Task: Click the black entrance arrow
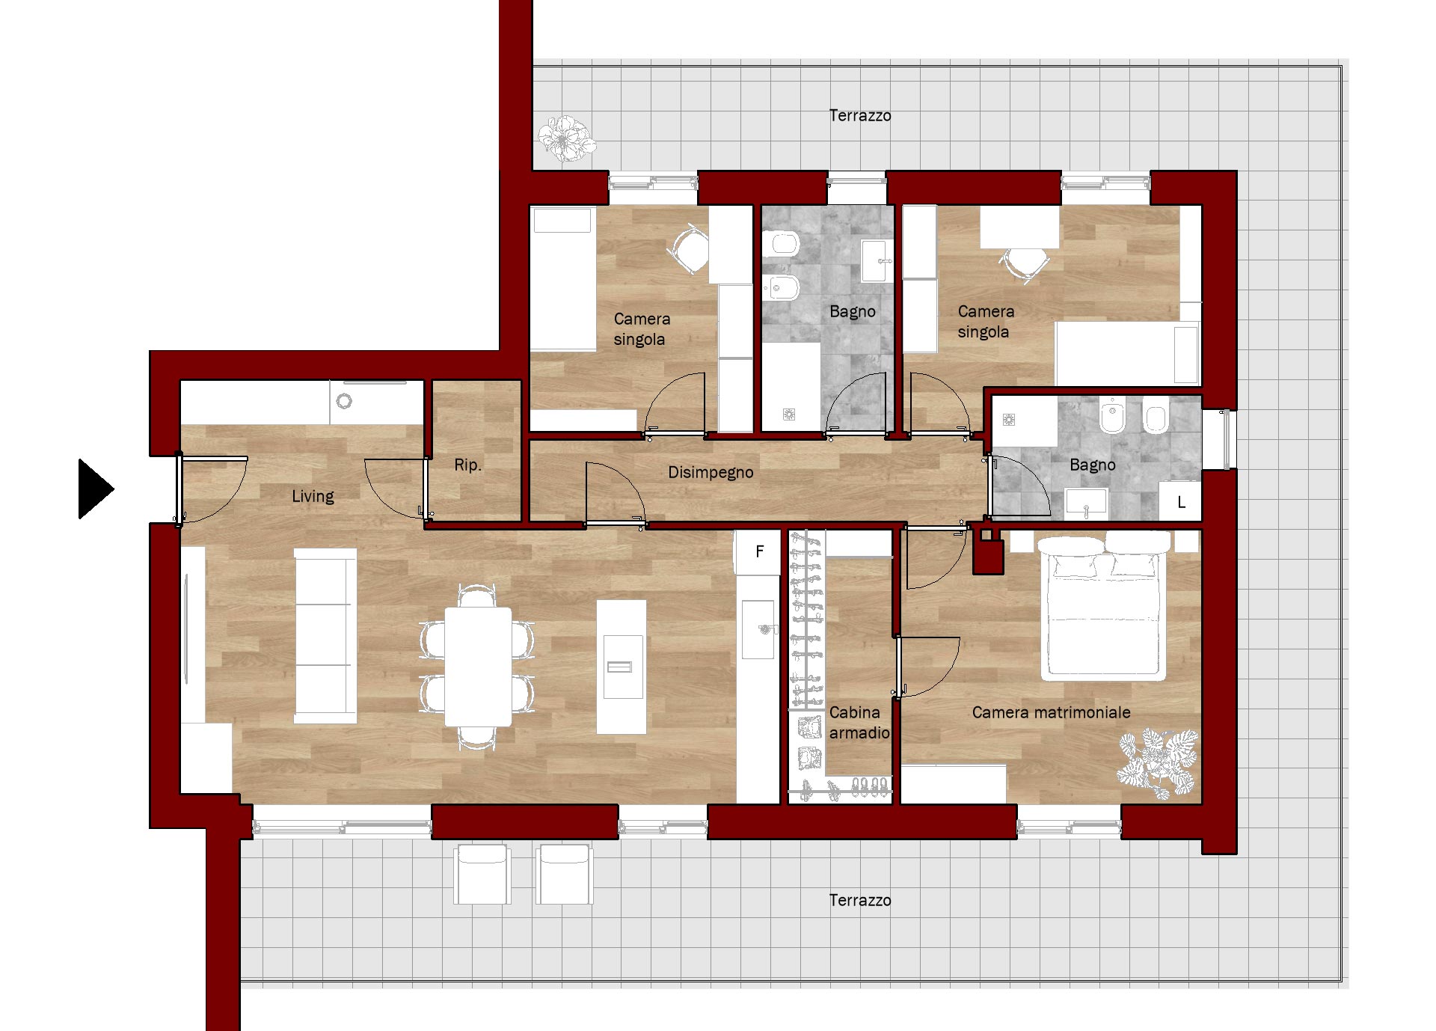[x=93, y=489]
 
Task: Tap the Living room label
[x=313, y=497]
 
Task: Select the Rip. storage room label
[x=467, y=465]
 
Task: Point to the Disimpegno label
[x=711, y=473]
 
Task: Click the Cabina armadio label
[x=859, y=723]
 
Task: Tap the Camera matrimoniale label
[x=1051, y=713]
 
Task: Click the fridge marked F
[x=758, y=552]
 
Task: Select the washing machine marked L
[x=1180, y=502]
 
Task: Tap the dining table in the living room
[x=478, y=666]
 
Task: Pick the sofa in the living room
[x=325, y=635]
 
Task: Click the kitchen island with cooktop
[x=621, y=666]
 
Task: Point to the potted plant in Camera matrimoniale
[x=1159, y=763]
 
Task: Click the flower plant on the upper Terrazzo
[x=566, y=138]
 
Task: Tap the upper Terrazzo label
[x=860, y=116]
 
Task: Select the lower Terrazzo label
[x=860, y=901]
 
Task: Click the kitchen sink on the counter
[x=758, y=628]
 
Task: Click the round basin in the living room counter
[x=344, y=402]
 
